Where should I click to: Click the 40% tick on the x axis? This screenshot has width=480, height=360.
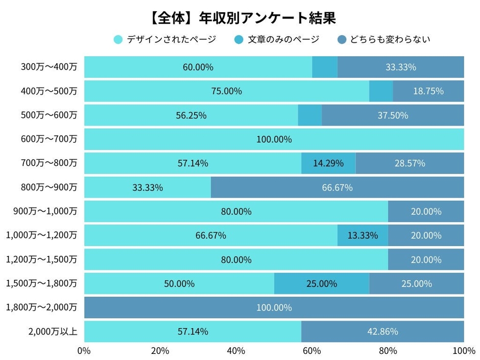(x=236, y=351)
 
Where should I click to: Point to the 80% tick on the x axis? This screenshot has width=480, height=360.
(x=388, y=351)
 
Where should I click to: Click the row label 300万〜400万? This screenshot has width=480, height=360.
(x=49, y=67)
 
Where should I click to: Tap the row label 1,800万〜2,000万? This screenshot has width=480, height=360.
(x=42, y=307)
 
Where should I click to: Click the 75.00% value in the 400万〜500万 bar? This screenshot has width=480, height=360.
(x=226, y=91)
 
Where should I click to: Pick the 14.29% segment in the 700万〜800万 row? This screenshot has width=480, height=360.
(x=328, y=163)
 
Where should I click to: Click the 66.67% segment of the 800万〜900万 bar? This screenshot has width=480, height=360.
(x=337, y=187)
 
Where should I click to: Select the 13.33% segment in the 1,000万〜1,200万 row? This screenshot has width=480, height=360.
(x=363, y=235)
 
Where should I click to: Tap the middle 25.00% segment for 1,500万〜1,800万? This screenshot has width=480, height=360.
(x=321, y=283)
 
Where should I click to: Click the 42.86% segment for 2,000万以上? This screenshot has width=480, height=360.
(x=382, y=331)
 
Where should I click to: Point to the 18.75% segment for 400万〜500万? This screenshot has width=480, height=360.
(x=428, y=91)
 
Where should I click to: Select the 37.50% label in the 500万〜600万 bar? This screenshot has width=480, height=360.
(x=393, y=115)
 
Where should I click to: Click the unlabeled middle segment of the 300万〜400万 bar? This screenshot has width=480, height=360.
(x=324, y=67)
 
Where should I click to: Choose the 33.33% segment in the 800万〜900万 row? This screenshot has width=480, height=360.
(x=148, y=187)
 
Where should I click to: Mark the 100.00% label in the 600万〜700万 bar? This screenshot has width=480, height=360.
(x=274, y=139)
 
